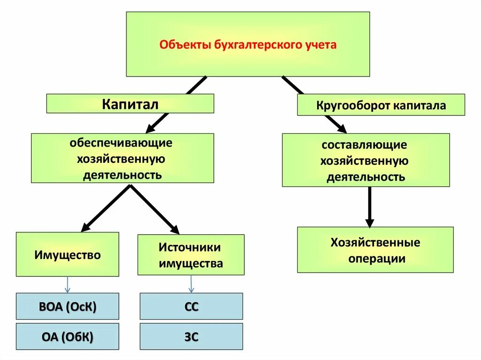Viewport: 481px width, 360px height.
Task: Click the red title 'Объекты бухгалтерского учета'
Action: (x=248, y=46)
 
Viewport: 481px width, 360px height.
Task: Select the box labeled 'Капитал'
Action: (x=130, y=104)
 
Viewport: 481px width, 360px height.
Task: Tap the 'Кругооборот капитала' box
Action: (x=381, y=105)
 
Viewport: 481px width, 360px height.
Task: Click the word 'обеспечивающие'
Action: (x=122, y=142)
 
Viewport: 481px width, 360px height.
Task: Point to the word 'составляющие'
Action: (x=365, y=145)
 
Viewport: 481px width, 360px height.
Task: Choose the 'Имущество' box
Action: (x=68, y=254)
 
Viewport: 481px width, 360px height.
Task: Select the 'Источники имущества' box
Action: (x=191, y=255)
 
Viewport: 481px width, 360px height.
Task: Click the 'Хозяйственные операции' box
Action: (x=375, y=250)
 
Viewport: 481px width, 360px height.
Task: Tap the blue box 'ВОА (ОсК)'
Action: (x=68, y=306)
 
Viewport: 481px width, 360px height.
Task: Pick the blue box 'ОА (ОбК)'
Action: (x=68, y=336)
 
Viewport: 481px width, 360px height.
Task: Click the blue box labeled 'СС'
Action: (x=191, y=306)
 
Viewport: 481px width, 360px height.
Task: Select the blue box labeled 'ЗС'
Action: (x=191, y=336)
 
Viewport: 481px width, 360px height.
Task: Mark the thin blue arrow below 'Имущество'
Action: (x=67, y=284)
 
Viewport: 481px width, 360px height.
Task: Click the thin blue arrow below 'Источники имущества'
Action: (x=191, y=284)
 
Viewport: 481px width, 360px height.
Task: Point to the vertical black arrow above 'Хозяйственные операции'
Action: (x=370, y=207)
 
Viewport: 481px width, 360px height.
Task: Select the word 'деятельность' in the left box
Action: (x=123, y=176)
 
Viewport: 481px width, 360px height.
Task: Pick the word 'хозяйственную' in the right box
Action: (x=365, y=161)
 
